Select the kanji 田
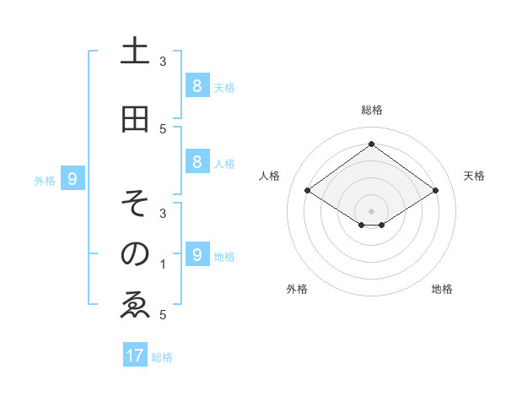tap(135, 120)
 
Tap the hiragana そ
tap(135, 204)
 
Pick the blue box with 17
tap(135, 356)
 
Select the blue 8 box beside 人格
tap(196, 163)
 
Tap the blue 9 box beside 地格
tap(196, 254)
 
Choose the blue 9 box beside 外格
tap(73, 179)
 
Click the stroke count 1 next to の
tap(163, 264)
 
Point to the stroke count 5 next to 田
tap(163, 129)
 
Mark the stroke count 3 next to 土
tap(163, 62)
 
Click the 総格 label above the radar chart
tap(371, 110)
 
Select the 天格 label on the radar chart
tap(474, 176)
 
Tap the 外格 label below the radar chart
tap(297, 289)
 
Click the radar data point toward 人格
tap(308, 191)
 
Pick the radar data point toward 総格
tap(371, 144)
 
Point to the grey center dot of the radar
tap(371, 210)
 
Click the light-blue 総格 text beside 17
tap(162, 357)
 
